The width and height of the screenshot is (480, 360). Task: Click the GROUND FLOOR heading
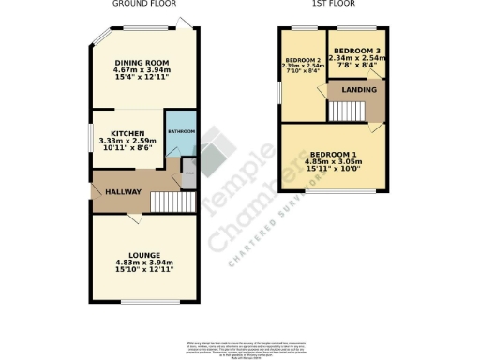click(144, 4)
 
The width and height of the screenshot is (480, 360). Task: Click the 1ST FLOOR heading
click(333, 4)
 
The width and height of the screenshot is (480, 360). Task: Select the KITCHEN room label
click(127, 133)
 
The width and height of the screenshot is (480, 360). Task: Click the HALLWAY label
click(123, 192)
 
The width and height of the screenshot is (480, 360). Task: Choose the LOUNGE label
click(144, 254)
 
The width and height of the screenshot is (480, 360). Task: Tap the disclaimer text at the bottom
click(240, 348)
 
